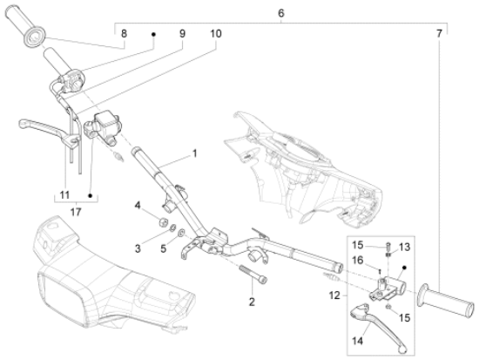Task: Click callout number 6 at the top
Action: point(280,13)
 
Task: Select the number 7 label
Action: point(439,33)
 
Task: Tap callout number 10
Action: point(215,33)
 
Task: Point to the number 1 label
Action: point(194,153)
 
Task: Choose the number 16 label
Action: point(358,259)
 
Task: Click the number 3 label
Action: point(136,248)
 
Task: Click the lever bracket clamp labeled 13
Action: point(388,282)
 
